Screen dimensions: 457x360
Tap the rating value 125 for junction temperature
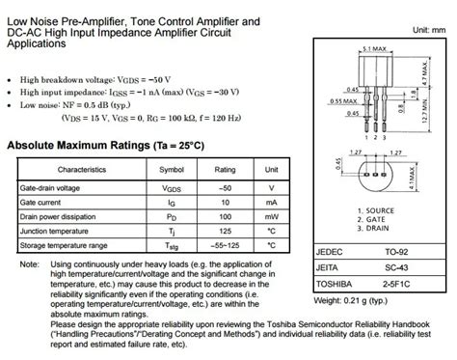[x=225, y=232]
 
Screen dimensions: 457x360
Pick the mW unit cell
[x=272, y=216]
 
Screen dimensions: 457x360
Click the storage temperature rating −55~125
[x=225, y=246]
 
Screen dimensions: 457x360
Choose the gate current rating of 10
[x=225, y=202]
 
